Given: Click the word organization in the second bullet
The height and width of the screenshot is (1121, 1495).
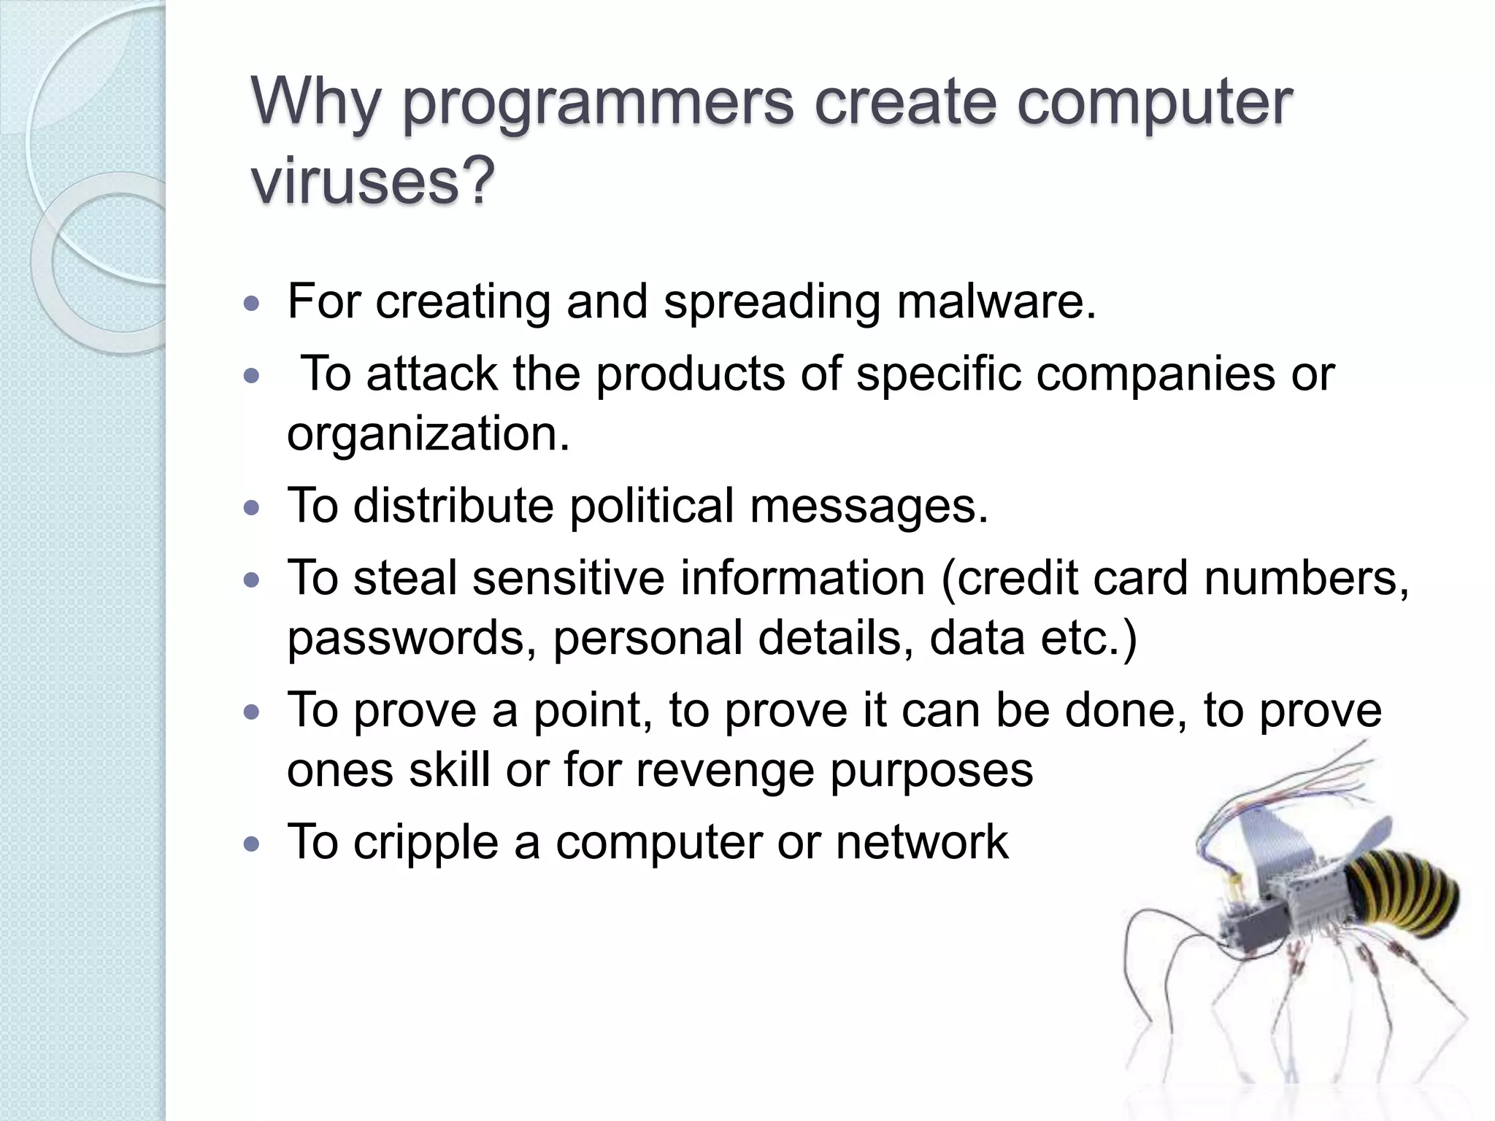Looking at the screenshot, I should [x=427, y=434].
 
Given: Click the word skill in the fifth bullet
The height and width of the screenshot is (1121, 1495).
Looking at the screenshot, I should [x=449, y=769].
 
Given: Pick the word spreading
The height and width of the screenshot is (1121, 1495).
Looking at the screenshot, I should [x=771, y=301].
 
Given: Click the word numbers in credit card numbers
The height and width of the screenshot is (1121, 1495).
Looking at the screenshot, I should [x=1306, y=579].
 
